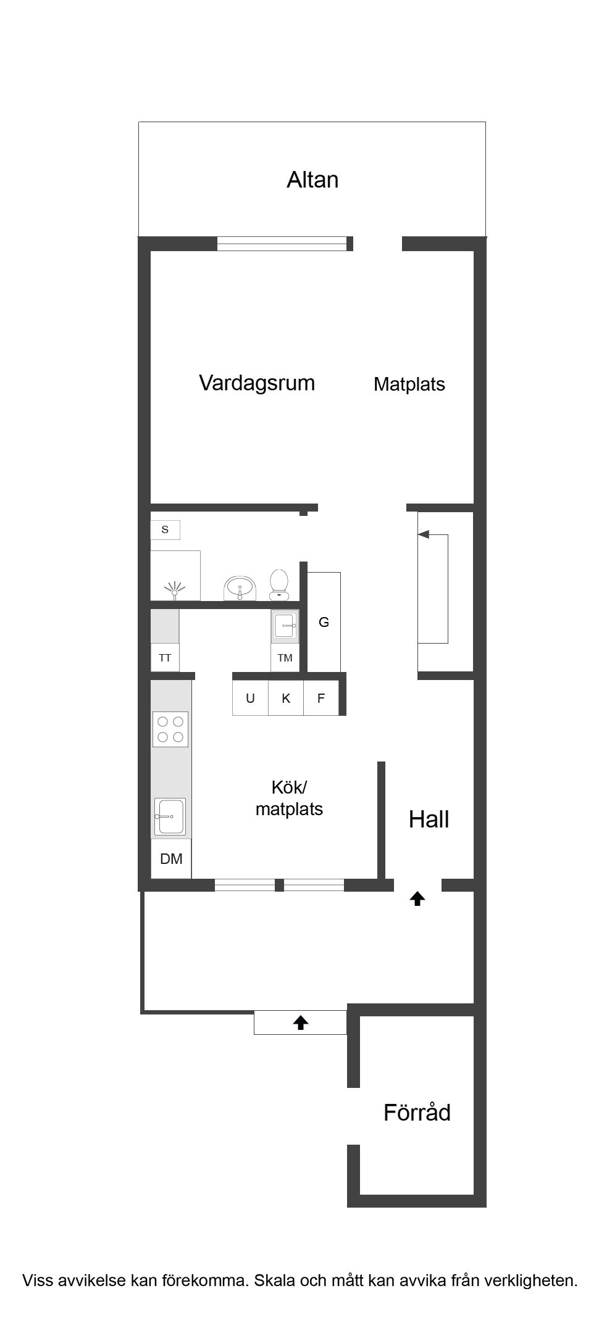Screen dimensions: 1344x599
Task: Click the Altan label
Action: (312, 180)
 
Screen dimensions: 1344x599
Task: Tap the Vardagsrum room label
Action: (257, 383)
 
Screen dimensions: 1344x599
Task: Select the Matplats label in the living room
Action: (409, 384)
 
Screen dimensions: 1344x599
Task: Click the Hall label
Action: (429, 819)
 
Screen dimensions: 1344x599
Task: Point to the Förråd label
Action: (417, 1113)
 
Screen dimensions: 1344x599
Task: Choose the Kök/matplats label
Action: (289, 798)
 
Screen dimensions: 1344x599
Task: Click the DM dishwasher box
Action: (171, 858)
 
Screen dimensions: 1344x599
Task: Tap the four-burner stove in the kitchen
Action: (170, 729)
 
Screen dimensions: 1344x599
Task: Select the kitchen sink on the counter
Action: (170, 816)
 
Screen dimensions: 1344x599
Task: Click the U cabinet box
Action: (250, 698)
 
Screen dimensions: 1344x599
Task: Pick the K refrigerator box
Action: (286, 698)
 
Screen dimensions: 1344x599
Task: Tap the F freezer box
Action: (321, 698)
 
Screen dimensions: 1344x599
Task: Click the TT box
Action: (165, 658)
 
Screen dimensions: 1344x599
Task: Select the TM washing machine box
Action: (285, 658)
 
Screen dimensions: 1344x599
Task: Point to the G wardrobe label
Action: (324, 622)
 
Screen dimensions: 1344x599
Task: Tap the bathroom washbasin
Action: (240, 587)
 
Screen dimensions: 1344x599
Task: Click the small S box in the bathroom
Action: (165, 529)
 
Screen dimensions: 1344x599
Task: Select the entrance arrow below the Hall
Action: (417, 899)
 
